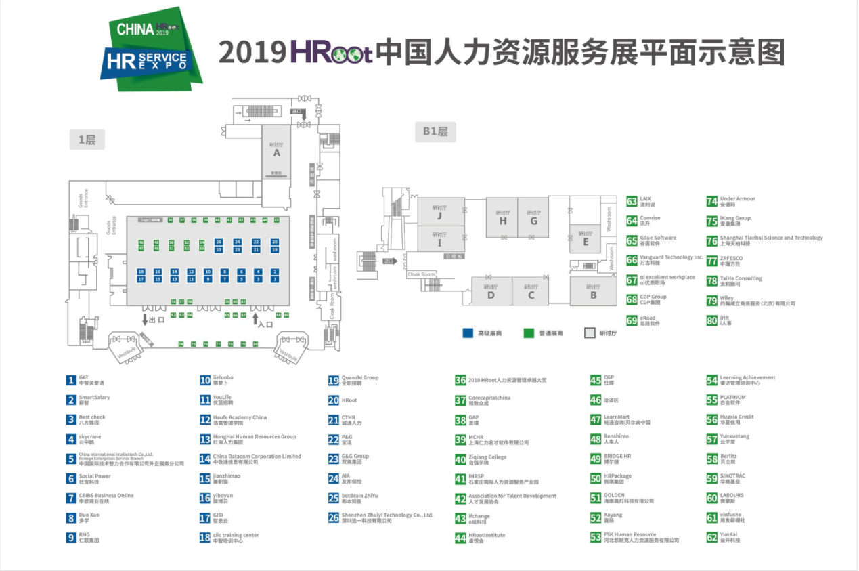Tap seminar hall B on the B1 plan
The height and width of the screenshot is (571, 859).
click(x=593, y=292)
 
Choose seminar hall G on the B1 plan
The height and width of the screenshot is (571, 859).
click(x=533, y=217)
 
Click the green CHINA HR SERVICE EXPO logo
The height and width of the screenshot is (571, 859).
click(x=155, y=49)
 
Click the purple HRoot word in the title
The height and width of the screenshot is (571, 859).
click(x=331, y=52)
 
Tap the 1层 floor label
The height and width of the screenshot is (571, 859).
click(x=87, y=140)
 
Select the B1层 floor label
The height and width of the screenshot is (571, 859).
click(x=435, y=132)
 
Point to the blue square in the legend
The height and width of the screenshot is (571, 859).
click(x=467, y=333)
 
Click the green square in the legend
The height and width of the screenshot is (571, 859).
click(x=529, y=333)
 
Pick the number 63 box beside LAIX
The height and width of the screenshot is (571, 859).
click(x=632, y=201)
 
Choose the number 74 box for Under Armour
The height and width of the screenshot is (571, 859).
click(x=711, y=201)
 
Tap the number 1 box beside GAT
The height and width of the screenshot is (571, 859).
click(x=71, y=380)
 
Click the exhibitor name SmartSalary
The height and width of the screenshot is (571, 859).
click(x=94, y=398)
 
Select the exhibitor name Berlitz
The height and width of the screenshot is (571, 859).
click(x=728, y=457)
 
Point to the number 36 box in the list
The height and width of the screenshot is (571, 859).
click(x=460, y=381)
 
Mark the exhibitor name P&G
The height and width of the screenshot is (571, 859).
click(x=347, y=437)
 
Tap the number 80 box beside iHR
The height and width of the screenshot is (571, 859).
click(x=711, y=320)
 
